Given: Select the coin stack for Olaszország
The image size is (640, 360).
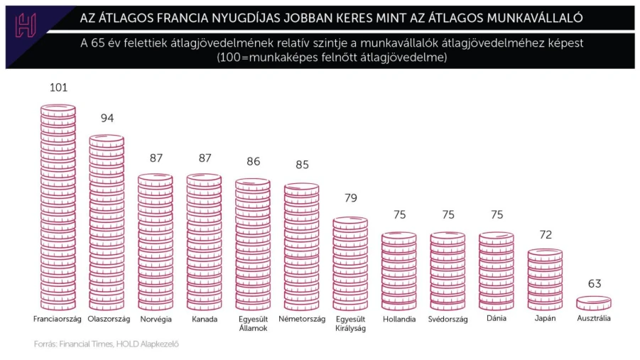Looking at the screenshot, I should (x=107, y=222).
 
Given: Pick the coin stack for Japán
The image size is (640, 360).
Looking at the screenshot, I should (x=545, y=279).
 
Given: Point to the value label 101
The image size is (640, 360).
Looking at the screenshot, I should (x=58, y=88).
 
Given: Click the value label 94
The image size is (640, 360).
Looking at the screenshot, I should (x=107, y=118).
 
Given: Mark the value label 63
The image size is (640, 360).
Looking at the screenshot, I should (x=594, y=283).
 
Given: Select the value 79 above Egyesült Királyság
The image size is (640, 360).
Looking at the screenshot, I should (x=350, y=198).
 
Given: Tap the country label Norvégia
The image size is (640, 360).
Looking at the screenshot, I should (x=155, y=320).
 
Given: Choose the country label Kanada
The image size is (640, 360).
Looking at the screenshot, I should (x=204, y=320).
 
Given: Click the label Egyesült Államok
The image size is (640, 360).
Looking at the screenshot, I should (x=253, y=324).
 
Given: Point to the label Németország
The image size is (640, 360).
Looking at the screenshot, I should (x=301, y=320).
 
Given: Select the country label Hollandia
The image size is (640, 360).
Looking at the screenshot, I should (x=398, y=320).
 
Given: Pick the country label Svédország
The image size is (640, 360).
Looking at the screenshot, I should (x=448, y=320).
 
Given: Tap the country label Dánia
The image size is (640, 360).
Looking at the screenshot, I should (x=496, y=320).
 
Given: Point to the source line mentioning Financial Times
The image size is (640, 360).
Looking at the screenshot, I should (x=106, y=345).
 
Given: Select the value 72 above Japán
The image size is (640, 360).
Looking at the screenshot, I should (x=545, y=234).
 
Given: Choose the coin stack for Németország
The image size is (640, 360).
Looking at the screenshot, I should (x=301, y=247).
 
